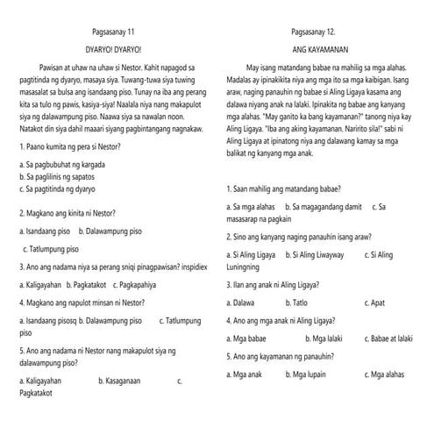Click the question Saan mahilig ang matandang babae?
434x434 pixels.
[284, 189]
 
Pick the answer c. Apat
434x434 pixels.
[384, 302]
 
